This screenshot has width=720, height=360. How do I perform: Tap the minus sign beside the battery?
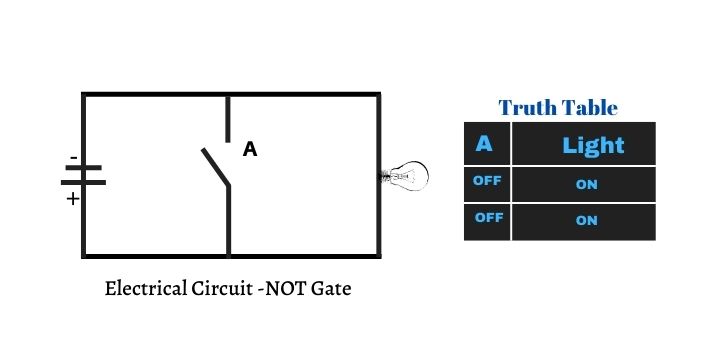73,158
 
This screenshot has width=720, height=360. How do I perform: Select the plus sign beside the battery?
72,198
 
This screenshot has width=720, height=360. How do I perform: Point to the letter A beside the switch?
250,150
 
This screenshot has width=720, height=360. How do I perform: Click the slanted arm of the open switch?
216,167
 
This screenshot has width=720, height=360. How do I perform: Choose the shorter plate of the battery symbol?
85,184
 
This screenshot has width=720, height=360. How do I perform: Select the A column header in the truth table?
485,144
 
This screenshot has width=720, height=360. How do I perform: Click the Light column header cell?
592,145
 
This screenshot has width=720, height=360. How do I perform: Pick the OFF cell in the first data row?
487,182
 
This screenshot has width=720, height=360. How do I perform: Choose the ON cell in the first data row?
586,184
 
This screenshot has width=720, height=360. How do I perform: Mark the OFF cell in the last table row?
487,219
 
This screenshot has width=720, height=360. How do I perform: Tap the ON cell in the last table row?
586,221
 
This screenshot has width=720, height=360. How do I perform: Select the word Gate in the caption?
331,290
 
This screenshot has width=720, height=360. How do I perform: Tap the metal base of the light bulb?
387,177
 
